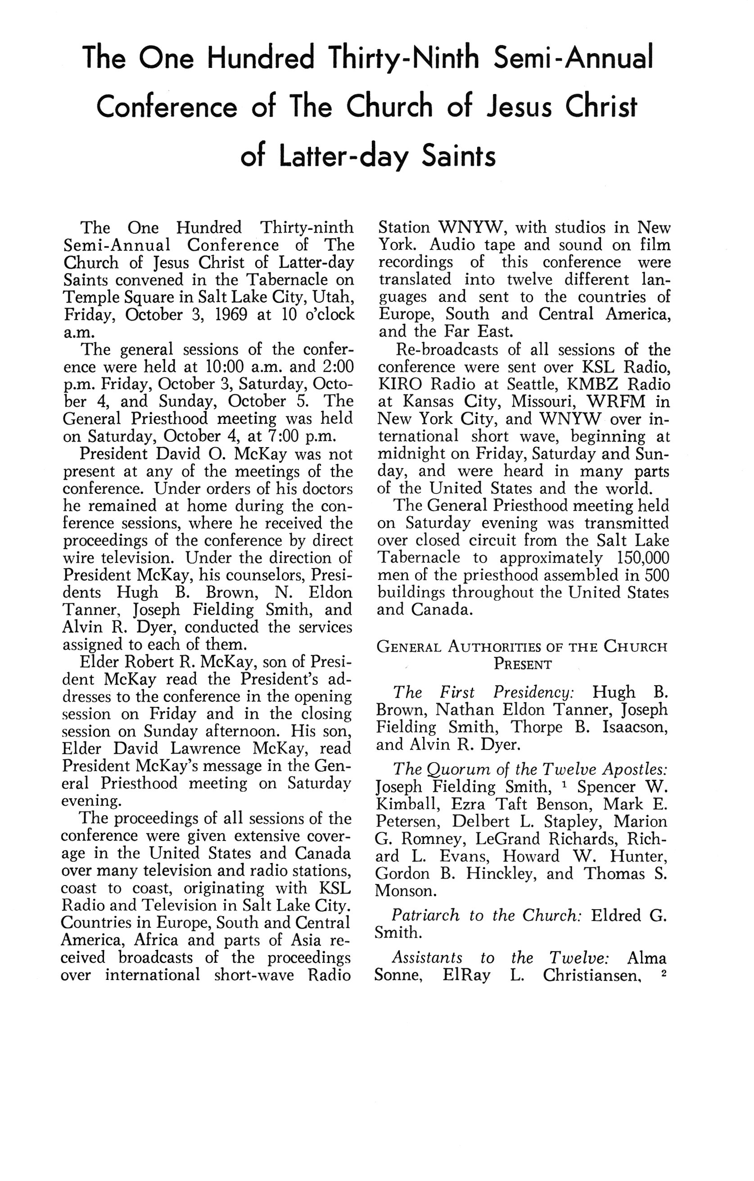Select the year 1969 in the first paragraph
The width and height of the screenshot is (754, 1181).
pos(230,314)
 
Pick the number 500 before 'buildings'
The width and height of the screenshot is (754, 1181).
pos(657,575)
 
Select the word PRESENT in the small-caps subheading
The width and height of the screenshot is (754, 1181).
pos(523,665)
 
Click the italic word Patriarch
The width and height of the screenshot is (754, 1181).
pos(425,915)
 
